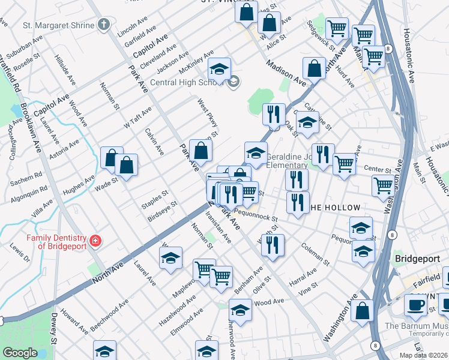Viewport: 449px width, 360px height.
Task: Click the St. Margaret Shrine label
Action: click(x=59, y=25)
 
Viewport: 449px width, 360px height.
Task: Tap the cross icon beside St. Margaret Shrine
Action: click(x=104, y=25)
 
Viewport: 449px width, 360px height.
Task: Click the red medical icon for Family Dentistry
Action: click(x=95, y=241)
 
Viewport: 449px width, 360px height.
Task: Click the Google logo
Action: click(x=20, y=353)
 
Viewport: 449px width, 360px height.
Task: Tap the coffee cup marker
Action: click(x=415, y=305)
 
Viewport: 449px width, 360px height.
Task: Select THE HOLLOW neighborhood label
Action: click(x=335, y=208)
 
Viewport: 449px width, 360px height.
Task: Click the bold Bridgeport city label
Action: click(x=418, y=259)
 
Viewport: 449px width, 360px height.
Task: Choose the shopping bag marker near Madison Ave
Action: click(x=314, y=69)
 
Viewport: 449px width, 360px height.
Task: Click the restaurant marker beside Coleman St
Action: click(x=273, y=245)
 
